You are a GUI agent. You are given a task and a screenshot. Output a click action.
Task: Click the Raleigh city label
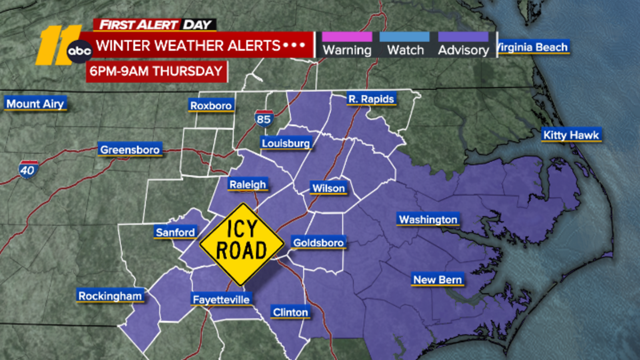248,184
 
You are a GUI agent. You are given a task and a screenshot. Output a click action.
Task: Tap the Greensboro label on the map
130,150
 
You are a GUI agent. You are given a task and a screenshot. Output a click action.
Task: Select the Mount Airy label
35,104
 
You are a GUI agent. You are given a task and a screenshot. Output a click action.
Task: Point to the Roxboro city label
211,106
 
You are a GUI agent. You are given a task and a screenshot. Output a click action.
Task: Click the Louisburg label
286,143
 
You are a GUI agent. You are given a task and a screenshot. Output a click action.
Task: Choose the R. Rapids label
371,99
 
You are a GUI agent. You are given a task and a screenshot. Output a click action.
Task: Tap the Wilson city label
328,188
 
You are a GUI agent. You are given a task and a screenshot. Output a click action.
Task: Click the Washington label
428,219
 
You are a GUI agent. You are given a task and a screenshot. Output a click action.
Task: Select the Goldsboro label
318,242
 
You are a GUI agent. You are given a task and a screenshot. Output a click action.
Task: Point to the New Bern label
438,280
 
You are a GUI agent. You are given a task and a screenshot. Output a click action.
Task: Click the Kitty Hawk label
571,135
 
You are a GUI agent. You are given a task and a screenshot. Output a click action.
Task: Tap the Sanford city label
175,232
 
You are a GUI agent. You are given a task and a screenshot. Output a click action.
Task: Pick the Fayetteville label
221,299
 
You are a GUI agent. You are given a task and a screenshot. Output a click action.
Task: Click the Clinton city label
290,312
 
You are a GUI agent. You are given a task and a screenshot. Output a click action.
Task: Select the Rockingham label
110,296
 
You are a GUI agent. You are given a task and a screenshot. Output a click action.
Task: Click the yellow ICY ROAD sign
242,244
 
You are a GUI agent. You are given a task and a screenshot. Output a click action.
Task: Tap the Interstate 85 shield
264,119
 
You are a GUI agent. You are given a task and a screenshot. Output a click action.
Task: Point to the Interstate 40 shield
28,170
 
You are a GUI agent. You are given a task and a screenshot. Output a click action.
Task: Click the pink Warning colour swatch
347,37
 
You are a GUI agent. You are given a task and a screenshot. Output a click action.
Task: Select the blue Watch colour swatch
404,37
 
